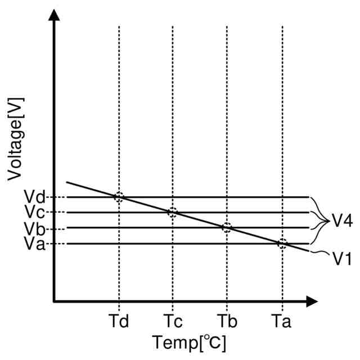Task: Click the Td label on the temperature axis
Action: pos(119,321)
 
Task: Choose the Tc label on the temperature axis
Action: pos(173,321)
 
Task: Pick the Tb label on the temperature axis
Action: pos(227,321)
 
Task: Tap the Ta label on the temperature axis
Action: pos(281,321)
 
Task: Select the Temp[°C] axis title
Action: pos(189,341)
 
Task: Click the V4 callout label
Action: pos(341,220)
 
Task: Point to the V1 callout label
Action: pos(341,259)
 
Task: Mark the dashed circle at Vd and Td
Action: pos(119,197)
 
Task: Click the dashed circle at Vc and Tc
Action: pos(173,213)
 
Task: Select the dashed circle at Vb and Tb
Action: pos(227,228)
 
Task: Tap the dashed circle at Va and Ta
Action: pos(282,244)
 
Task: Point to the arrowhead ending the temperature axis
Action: pos(312,302)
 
